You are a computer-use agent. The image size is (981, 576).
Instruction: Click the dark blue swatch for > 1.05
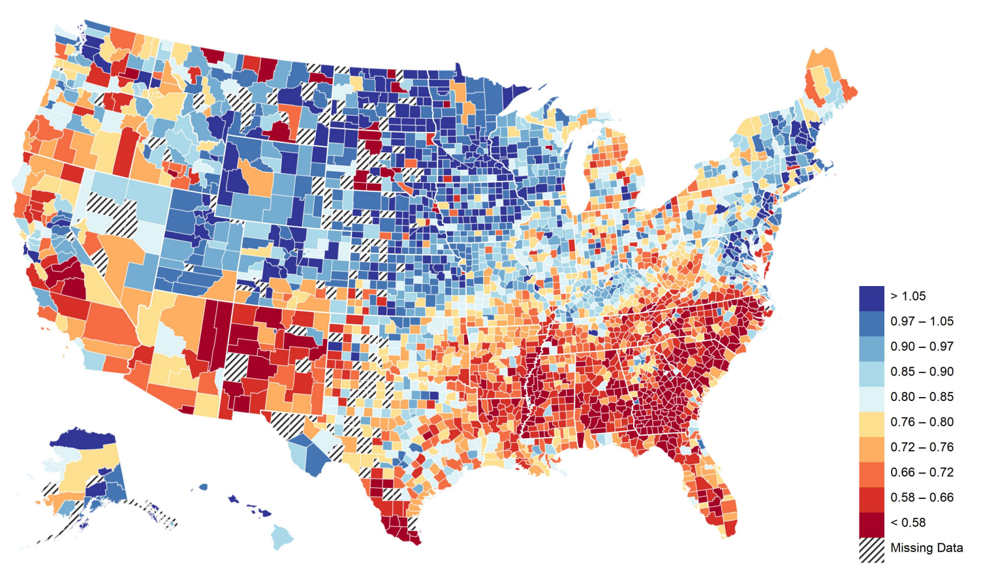(871, 296)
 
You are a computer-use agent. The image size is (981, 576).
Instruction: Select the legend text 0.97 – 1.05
(922, 321)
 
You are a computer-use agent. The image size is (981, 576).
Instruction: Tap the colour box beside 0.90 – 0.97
(871, 347)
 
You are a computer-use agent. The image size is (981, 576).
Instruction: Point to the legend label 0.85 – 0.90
(922, 372)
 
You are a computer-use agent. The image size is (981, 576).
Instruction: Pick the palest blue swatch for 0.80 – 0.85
(871, 397)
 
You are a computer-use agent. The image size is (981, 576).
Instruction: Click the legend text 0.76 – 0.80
(922, 422)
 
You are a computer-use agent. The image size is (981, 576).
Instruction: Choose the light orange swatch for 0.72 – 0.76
(871, 447)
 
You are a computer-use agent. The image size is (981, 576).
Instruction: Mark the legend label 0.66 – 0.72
(922, 472)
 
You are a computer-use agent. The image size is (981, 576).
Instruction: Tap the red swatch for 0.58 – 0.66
(871, 498)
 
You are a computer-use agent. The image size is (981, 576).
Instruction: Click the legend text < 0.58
(908, 522)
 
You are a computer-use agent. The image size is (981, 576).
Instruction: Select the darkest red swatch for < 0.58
(871, 523)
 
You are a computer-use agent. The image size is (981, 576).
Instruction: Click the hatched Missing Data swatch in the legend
(871, 549)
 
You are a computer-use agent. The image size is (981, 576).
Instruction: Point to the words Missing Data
(926, 548)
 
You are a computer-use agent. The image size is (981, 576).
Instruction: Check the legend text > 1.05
(908, 296)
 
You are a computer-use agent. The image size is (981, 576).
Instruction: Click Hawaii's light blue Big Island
(281, 537)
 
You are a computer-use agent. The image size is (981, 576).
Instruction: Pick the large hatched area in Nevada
(114, 212)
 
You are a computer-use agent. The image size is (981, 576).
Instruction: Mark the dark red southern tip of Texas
(401, 529)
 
